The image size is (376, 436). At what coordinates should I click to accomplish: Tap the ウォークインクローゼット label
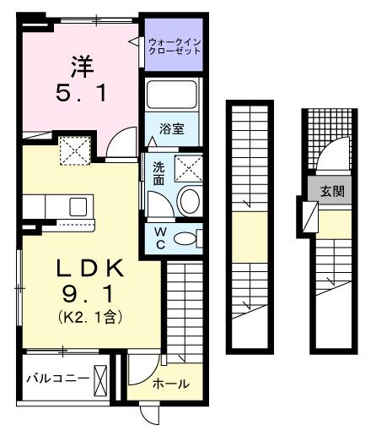175,45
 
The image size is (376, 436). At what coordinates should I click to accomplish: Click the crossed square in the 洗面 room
190,168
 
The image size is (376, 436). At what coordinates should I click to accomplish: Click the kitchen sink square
78,205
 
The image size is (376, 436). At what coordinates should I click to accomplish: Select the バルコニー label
56,378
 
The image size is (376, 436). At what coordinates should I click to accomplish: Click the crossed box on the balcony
102,379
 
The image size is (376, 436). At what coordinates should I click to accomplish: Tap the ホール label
171,384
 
